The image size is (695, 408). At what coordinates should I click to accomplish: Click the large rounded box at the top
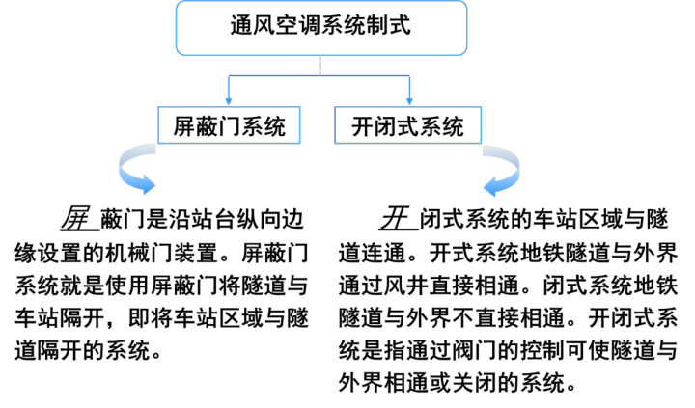321,27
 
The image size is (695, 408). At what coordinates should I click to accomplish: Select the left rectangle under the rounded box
229,125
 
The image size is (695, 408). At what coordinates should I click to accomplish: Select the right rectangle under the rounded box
407,125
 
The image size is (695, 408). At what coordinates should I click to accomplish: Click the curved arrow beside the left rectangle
135,169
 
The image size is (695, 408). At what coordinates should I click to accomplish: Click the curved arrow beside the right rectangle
502,170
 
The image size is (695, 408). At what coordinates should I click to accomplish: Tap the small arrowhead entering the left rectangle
229,101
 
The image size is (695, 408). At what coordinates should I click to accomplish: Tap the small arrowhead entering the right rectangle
409,101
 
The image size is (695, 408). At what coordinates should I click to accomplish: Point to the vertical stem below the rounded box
320,65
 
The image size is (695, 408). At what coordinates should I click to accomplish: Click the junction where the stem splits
320,75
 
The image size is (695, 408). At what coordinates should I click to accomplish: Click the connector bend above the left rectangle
229,75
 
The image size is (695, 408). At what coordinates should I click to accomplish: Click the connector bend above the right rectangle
409,75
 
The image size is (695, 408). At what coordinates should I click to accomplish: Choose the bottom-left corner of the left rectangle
158,143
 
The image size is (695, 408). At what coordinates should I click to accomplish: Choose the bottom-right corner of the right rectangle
480,143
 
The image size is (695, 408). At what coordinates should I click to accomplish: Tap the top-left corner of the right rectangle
335,107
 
